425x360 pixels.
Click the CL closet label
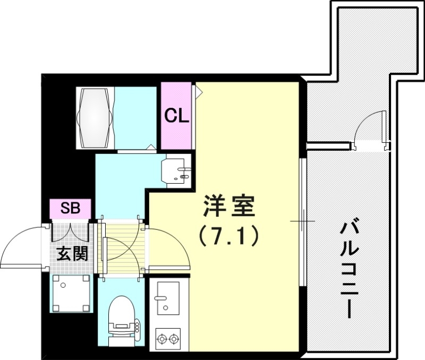pyautogui.click(x=176, y=116)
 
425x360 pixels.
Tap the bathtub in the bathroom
pyautogui.click(x=96, y=117)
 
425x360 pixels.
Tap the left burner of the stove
pyautogui.click(x=161, y=338)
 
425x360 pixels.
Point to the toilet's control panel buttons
pyautogui.click(x=137, y=324)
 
